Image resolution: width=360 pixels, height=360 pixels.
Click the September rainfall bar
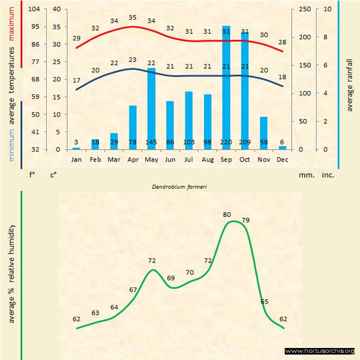coord(226,87)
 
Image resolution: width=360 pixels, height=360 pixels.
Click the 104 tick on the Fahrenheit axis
coord(34,9)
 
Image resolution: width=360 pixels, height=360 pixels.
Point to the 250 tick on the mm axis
coord(304,9)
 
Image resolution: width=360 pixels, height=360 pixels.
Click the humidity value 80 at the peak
coord(227,214)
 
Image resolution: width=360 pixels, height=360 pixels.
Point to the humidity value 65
coord(265,301)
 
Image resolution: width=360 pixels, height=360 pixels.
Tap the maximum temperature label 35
coord(132,17)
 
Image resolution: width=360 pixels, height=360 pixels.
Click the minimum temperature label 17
coord(76,81)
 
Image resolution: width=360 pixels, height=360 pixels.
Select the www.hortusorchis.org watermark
coord(320,351)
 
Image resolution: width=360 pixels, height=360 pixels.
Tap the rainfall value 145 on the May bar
coord(151,142)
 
